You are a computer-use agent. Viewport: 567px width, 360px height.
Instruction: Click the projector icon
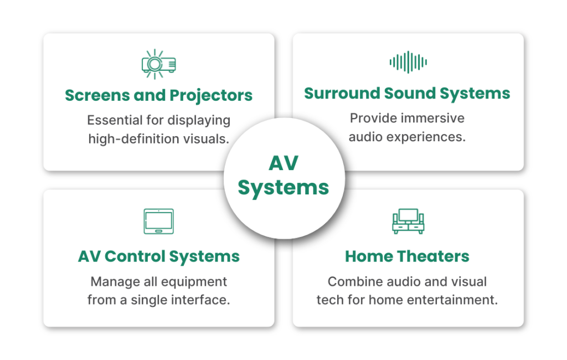coord(158,63)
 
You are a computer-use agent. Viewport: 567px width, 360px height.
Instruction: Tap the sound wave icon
coord(408,62)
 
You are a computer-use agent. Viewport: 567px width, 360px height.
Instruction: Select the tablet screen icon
coord(158,221)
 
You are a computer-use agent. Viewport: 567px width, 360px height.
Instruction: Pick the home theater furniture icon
coord(408,221)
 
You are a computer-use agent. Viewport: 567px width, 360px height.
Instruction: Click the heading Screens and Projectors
coord(158,95)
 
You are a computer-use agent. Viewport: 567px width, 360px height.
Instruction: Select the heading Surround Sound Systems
coord(407,93)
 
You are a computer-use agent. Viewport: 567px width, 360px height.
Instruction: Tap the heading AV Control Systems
coord(158,256)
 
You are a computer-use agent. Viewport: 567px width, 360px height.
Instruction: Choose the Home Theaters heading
coord(407,256)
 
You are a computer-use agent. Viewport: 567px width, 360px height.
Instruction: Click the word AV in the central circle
coord(283,163)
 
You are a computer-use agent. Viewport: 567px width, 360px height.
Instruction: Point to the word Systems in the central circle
coord(283,187)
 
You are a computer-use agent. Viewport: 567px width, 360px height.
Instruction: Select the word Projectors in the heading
coord(211,95)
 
